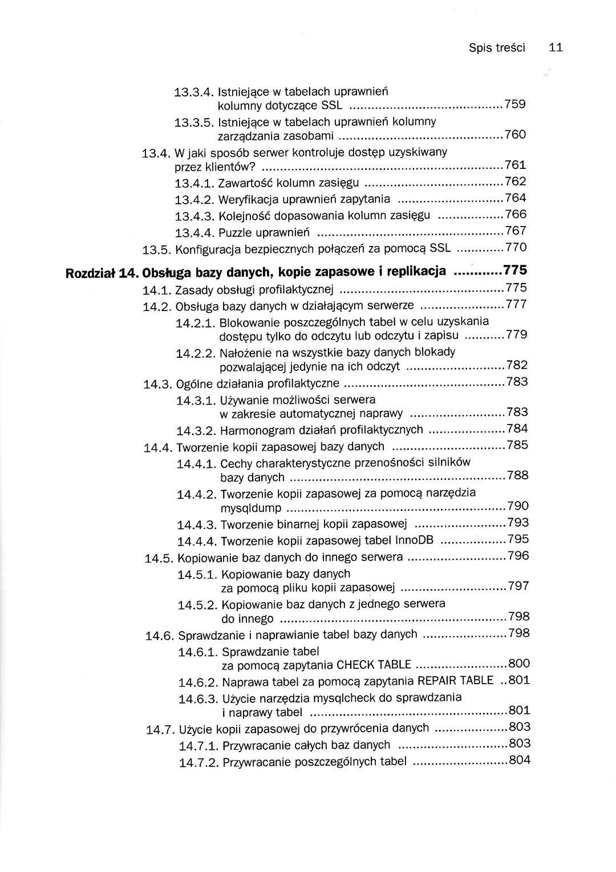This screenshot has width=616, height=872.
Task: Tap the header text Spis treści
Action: coord(496,48)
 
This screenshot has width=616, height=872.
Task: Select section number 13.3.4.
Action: coord(194,91)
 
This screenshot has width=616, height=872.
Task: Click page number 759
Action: coord(515,104)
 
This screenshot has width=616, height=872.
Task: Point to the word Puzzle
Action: coord(236,233)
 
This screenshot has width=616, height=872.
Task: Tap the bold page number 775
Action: coord(515,270)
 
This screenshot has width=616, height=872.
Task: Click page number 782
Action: coord(517,365)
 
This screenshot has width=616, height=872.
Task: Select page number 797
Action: coord(518,586)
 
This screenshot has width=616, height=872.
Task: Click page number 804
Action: coord(519,760)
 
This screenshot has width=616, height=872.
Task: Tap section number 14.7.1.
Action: coord(198,746)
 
